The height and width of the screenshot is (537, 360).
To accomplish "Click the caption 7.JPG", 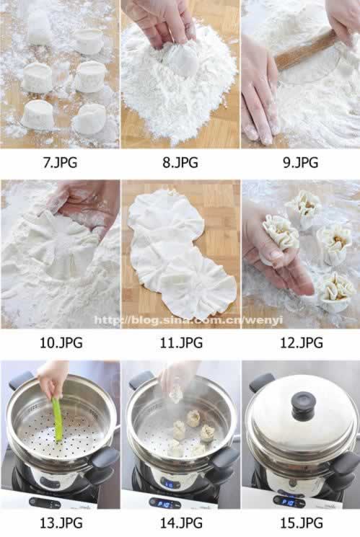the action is coord(60,162).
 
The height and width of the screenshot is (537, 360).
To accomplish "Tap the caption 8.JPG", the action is coord(180,162).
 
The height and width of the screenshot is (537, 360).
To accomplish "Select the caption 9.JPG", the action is coord(300,162).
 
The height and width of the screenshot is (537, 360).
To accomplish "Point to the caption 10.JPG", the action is coord(61,342).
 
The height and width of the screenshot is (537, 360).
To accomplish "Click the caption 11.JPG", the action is coord(181,342).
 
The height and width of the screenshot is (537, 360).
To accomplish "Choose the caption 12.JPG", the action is coord(302,342).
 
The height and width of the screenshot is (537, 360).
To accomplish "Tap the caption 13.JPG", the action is coord(61,523).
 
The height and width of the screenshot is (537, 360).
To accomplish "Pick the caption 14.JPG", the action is coord(181,523).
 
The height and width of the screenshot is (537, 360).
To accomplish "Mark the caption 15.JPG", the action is coord(302,523).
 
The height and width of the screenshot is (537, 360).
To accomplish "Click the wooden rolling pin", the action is coord(304,50).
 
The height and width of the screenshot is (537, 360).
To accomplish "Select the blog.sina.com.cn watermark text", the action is coord(188,320).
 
